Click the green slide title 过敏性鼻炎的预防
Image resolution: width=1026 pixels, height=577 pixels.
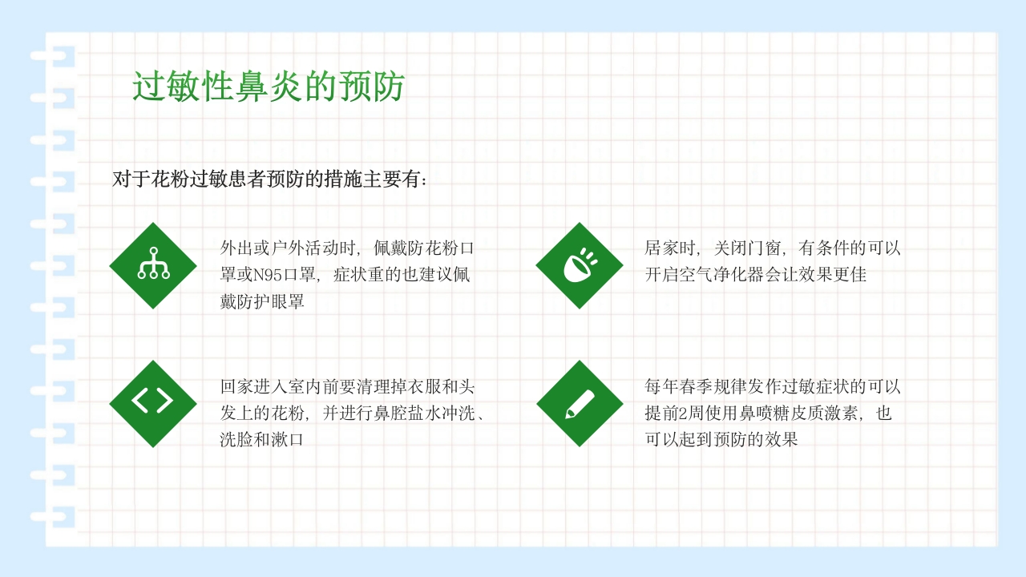pyautogui.click(x=268, y=87)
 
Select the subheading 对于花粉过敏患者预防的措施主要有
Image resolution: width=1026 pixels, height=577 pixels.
pyautogui.click(x=270, y=179)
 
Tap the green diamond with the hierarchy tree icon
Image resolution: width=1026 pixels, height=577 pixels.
pyautogui.click(x=153, y=266)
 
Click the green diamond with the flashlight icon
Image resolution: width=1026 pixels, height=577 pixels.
pyautogui.click(x=580, y=266)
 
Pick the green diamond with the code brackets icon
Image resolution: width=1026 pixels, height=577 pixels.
pyautogui.click(x=153, y=403)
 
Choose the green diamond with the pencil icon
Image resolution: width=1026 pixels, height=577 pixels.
pyautogui.click(x=580, y=403)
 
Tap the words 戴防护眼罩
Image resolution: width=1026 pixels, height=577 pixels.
pyautogui.click(x=262, y=303)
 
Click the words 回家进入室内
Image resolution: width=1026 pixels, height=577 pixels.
pyautogui.click(x=270, y=386)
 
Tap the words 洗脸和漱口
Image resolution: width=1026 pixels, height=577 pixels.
pyautogui.click(x=262, y=441)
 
